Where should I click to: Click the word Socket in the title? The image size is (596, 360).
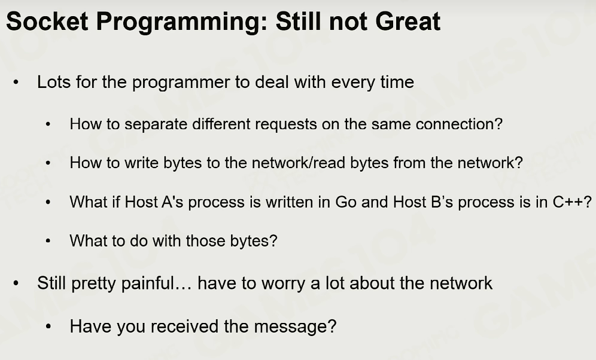[47, 22]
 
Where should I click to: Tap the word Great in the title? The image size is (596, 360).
[408, 22]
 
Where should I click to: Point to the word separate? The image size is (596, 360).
[156, 124]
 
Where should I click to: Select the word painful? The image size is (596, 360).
[147, 283]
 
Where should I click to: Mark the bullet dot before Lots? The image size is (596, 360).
[16, 83]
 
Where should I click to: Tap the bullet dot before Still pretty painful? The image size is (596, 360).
[16, 283]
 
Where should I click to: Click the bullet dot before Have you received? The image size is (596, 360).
[48, 327]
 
